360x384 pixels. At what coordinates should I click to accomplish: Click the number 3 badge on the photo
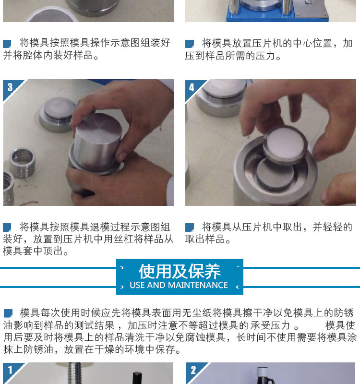point(10,87)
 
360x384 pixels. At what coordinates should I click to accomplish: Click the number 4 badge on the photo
point(192,87)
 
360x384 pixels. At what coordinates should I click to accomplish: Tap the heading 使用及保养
point(180,271)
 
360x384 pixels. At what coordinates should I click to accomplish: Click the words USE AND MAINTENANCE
point(179,285)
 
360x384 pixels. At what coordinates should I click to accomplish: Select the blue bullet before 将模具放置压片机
point(189,44)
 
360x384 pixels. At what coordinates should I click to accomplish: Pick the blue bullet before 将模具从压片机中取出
point(189,227)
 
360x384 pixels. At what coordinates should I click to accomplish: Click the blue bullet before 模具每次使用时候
point(8,313)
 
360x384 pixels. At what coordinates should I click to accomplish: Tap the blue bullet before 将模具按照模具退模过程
point(7,227)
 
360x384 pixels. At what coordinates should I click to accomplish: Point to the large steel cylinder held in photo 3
point(97,142)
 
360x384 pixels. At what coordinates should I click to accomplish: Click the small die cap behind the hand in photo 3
point(58,114)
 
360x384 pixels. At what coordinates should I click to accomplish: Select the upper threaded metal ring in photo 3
point(23,162)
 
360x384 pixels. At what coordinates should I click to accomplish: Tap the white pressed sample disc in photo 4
point(285,144)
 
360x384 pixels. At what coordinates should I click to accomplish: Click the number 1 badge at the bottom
point(10,370)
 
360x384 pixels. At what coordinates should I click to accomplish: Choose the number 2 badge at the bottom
point(193,370)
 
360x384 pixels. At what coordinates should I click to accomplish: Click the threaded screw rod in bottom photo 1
point(74,373)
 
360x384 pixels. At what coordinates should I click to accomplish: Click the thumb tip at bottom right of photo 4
point(326,195)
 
